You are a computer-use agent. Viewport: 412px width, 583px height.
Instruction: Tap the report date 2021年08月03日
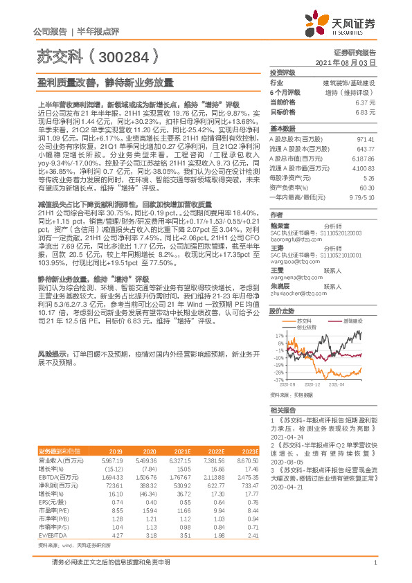[352, 62]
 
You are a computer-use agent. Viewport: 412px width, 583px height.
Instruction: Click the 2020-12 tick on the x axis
[312, 384]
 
